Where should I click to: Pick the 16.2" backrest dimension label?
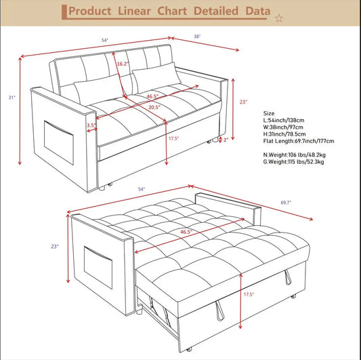(x=122, y=64)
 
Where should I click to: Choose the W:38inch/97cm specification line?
(x=284, y=126)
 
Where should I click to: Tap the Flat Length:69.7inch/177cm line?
(x=297, y=141)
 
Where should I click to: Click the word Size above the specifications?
(x=269, y=113)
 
